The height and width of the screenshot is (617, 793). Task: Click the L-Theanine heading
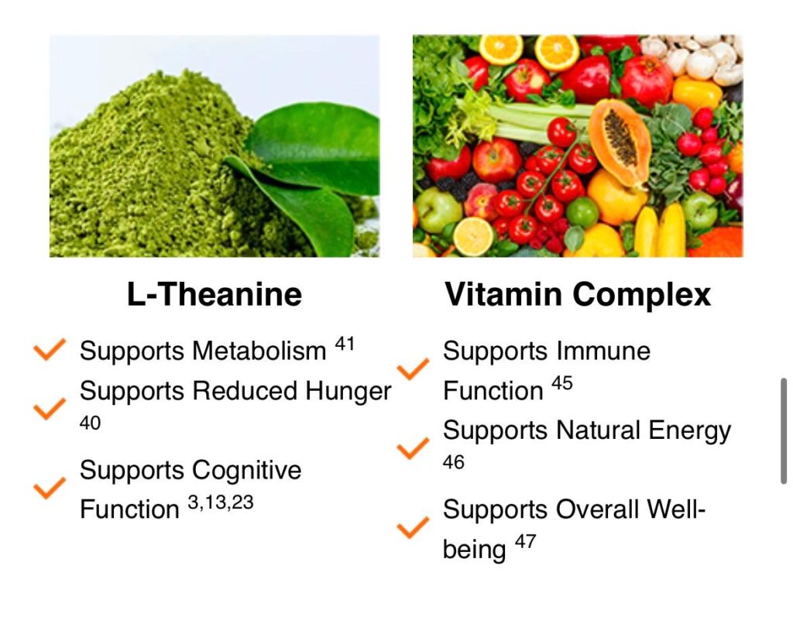215,294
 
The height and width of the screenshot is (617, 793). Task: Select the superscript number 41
345,344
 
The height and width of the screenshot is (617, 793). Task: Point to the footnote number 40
90,423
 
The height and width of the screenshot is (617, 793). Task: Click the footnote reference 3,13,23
221,502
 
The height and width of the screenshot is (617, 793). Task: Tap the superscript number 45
562,383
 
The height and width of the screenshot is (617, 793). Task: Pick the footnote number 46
453,462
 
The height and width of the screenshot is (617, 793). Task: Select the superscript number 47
525,542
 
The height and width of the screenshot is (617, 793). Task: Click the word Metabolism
259,351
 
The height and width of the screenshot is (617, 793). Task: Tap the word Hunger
348,392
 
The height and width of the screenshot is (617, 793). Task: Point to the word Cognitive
246,471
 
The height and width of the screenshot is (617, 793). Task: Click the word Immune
602,351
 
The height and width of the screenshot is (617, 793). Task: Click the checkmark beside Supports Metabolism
49,349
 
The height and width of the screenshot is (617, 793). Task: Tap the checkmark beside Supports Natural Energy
413,448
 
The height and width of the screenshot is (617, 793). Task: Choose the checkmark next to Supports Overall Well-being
413,527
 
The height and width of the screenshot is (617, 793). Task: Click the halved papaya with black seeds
620,142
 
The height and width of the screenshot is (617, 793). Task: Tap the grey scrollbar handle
784,431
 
